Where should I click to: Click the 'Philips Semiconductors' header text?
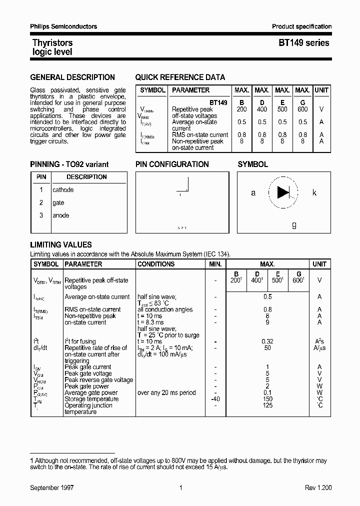pos(63,26)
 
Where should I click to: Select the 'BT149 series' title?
pos(303,43)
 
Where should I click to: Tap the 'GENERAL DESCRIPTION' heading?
pos(72,77)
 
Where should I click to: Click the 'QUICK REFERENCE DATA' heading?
pos(180,77)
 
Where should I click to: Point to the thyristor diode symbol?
pos(283,192)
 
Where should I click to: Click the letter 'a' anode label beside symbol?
pos(253,193)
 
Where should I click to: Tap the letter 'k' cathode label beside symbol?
pos(314,192)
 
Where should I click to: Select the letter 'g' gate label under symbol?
pos(294,224)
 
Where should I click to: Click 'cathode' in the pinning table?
pos(63,190)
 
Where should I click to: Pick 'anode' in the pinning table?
pos(61,215)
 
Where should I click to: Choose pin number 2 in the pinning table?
pos(41,203)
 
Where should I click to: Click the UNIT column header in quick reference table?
pos(321,90)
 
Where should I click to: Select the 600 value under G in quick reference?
pos(302,109)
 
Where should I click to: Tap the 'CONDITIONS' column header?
pos(156,264)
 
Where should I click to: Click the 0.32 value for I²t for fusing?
pos(267,341)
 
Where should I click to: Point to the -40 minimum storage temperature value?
pos(215,399)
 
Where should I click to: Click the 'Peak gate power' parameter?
pos(87,386)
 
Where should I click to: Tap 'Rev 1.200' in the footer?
pos(318,487)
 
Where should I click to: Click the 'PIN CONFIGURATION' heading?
pos(172,164)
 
